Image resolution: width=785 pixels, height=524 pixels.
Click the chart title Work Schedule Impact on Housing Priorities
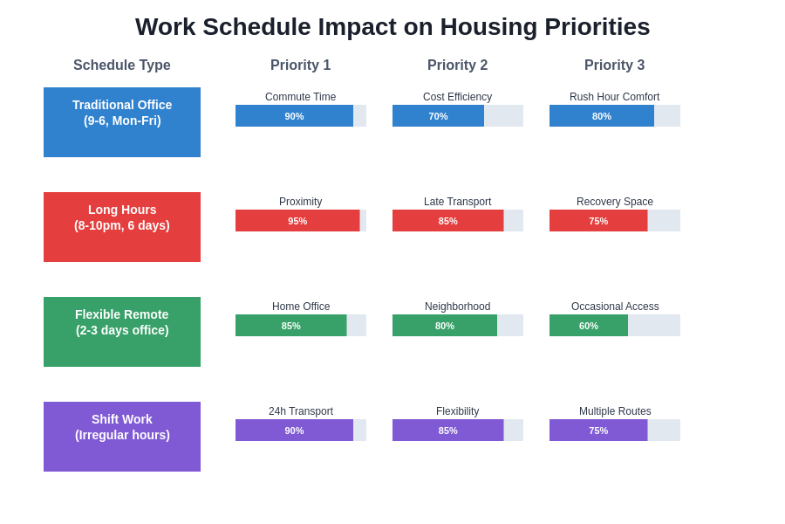pos(392,27)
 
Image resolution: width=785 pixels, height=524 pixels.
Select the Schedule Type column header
pos(122,65)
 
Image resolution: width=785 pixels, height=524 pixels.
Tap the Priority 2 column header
pos(457,65)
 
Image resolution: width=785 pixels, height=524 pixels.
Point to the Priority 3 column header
pos(614,65)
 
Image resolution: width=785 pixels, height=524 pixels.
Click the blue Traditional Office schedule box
pos(122,122)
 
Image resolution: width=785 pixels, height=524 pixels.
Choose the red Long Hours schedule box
pos(122,227)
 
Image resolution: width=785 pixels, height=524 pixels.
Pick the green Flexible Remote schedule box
pos(122,332)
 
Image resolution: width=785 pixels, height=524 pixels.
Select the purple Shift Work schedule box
pos(122,437)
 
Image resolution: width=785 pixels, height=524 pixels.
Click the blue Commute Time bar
pos(294,116)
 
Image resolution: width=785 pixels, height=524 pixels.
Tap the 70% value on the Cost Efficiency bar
pos(438,116)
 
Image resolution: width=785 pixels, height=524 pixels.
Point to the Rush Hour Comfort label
pos(614,97)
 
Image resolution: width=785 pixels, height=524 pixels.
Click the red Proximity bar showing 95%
pos(297,221)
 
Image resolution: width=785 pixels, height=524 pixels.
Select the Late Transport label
pos(457,202)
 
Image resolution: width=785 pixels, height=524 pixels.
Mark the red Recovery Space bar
pos(598,221)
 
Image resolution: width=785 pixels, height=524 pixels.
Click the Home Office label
pos(301,307)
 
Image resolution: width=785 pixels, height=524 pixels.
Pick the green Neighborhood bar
pos(445,326)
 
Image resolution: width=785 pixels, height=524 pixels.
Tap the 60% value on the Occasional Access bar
pos(589,326)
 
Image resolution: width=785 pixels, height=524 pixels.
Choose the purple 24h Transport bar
pos(294,431)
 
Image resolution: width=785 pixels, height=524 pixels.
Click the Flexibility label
pos(457,411)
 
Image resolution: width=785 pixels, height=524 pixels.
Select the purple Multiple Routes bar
pos(598,431)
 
